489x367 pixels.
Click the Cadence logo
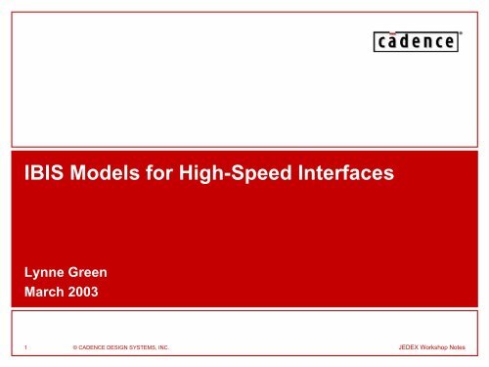pyautogui.click(x=415, y=43)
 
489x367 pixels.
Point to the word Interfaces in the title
pyautogui.click(x=344, y=175)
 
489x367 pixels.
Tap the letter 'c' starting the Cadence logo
pyautogui.click(x=381, y=44)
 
